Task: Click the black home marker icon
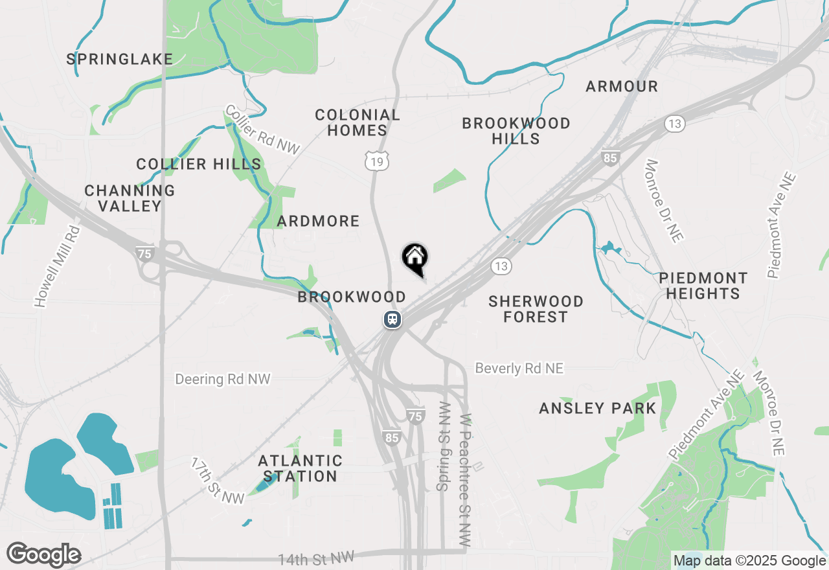(x=414, y=258)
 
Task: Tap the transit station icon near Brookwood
(x=392, y=319)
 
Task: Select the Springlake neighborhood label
(x=120, y=60)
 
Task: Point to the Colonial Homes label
(x=358, y=122)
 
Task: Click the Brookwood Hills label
(x=516, y=131)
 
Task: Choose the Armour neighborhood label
(x=622, y=86)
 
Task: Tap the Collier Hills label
(x=199, y=165)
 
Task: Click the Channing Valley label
(x=130, y=198)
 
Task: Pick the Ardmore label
(x=318, y=222)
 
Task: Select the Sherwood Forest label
(x=536, y=309)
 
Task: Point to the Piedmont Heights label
(x=703, y=286)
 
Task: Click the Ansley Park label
(x=598, y=409)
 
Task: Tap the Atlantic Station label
(x=300, y=468)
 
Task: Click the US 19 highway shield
(x=377, y=161)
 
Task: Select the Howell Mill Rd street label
(x=57, y=266)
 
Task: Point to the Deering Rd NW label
(x=223, y=379)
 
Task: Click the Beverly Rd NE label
(x=519, y=368)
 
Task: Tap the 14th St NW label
(x=317, y=558)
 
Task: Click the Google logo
(x=43, y=555)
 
